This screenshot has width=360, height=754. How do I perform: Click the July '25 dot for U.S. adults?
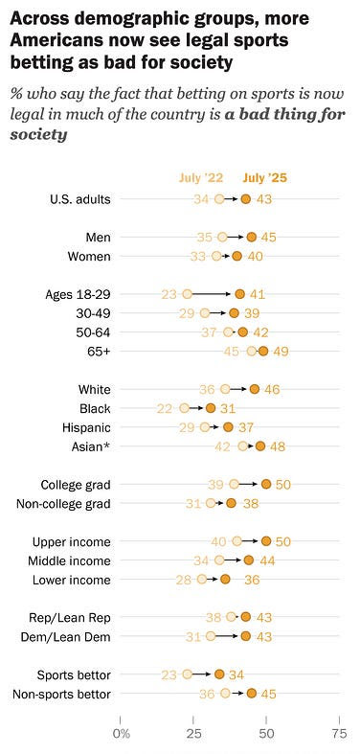coord(245,198)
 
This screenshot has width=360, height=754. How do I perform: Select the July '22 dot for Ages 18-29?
coord(188,294)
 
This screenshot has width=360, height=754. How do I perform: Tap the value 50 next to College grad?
coord(283,484)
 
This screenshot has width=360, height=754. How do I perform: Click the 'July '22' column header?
coord(202,176)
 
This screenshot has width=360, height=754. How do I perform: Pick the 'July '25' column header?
coord(265,176)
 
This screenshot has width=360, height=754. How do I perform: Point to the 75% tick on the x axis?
coord(338,733)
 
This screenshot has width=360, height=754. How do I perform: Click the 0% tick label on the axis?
coord(121,733)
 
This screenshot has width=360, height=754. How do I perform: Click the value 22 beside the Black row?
coord(165,408)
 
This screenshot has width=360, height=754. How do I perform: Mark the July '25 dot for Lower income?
coord(226,579)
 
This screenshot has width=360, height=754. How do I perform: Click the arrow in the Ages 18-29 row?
coord(213,294)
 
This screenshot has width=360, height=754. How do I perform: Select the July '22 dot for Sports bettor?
coord(188,674)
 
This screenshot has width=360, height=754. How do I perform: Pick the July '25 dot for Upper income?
coord(266,541)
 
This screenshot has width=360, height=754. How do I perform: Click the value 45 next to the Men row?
coord(269,237)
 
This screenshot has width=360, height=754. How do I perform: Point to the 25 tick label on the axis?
coord(193,733)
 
